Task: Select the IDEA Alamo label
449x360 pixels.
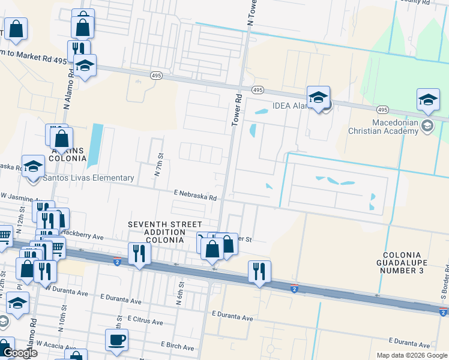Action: [x=291, y=106]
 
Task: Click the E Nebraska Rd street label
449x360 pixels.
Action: [x=195, y=195]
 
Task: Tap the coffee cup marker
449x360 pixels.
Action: [x=117, y=340]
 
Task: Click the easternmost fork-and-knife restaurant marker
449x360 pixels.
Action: [x=259, y=271]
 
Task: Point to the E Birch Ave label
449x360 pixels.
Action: [x=178, y=347]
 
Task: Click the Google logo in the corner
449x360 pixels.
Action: [x=19, y=353]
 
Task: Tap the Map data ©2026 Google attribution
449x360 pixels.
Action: [x=412, y=355]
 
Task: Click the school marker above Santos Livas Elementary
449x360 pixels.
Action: [x=34, y=166]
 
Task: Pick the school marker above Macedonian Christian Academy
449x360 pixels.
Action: [x=428, y=100]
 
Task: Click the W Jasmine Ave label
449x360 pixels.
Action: [x=18, y=196]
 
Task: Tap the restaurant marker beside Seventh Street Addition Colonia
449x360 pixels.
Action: [x=139, y=254]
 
